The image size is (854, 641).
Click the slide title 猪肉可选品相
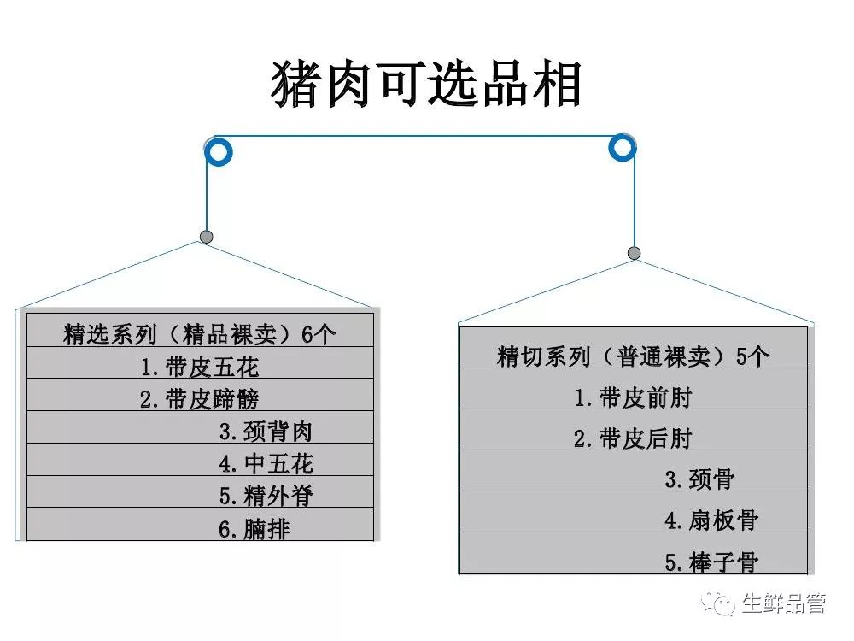426,85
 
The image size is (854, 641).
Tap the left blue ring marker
219,153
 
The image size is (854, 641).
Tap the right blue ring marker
622,147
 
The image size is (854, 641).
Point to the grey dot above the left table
206,237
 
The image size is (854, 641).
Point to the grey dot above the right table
634,253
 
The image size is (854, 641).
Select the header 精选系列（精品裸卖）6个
200,333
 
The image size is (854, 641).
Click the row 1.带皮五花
200,368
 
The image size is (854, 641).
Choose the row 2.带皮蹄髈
200,399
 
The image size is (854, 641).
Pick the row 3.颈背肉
266,431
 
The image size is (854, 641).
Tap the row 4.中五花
266,463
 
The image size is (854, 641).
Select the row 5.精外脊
266,496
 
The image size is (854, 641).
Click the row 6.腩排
254,529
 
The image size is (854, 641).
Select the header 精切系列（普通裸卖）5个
633,356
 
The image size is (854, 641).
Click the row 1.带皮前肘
633,397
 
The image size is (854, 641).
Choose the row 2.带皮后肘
633,439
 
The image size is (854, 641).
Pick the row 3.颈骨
699,479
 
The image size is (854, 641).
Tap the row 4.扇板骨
711,520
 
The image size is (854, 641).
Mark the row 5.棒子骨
711,562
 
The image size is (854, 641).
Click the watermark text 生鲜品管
783,603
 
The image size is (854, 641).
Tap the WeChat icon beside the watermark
718,603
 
